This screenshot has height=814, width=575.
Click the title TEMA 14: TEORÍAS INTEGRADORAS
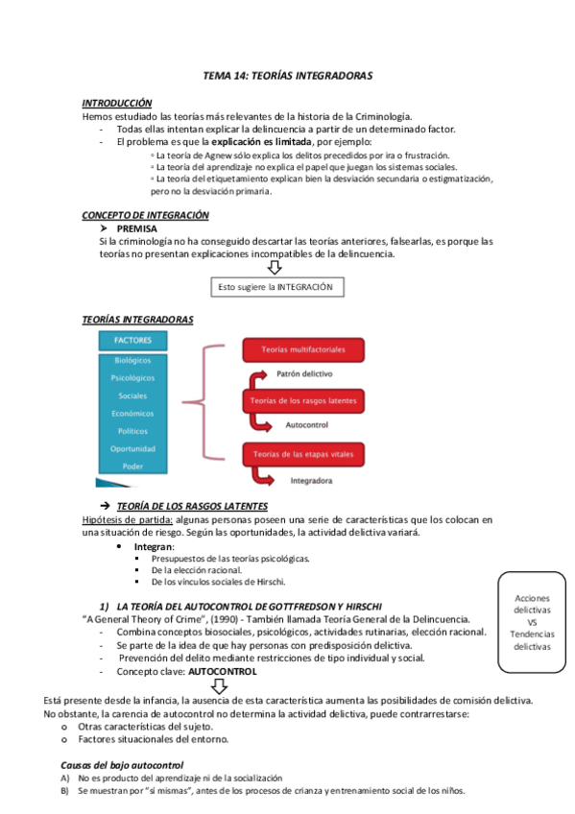(287, 74)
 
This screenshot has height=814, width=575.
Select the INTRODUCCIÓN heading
(117, 102)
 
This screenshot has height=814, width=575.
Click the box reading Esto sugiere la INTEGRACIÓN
(276, 286)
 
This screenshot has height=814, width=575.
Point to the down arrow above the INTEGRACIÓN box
(275, 269)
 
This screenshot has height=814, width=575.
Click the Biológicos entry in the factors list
(132, 361)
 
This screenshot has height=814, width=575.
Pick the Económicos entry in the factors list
(132, 413)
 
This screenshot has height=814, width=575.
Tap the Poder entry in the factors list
(132, 466)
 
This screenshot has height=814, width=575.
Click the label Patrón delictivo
(304, 371)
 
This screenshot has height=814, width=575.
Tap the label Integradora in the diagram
(306, 476)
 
